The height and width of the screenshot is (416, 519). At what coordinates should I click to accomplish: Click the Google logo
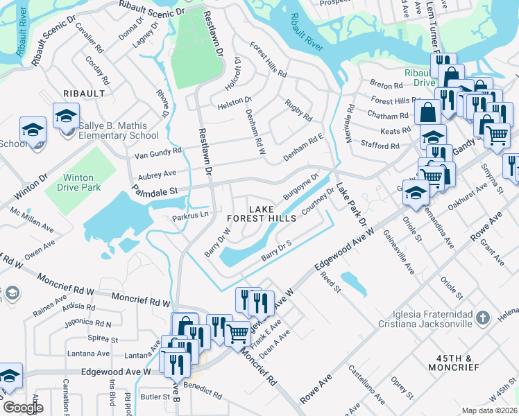pos(22,408)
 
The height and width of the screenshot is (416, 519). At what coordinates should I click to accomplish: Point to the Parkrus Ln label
pos(190,216)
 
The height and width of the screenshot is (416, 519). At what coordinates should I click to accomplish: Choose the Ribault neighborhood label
pos(84,93)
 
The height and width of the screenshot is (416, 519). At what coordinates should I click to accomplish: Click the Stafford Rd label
pos(380,146)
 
